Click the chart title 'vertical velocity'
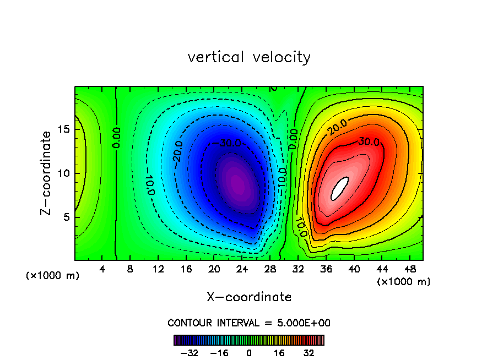point(249,57)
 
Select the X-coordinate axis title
point(249,297)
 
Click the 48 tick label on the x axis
point(409,269)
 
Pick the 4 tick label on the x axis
point(102,269)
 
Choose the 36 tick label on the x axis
point(326,269)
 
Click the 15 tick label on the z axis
point(64,129)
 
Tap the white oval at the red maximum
point(340,188)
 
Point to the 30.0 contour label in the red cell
point(369,141)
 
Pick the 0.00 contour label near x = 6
point(116,137)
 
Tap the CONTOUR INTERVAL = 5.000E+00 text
point(249,323)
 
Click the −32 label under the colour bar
point(189,353)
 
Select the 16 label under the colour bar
point(279,353)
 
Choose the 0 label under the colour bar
point(249,353)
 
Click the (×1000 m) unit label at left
point(53,276)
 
